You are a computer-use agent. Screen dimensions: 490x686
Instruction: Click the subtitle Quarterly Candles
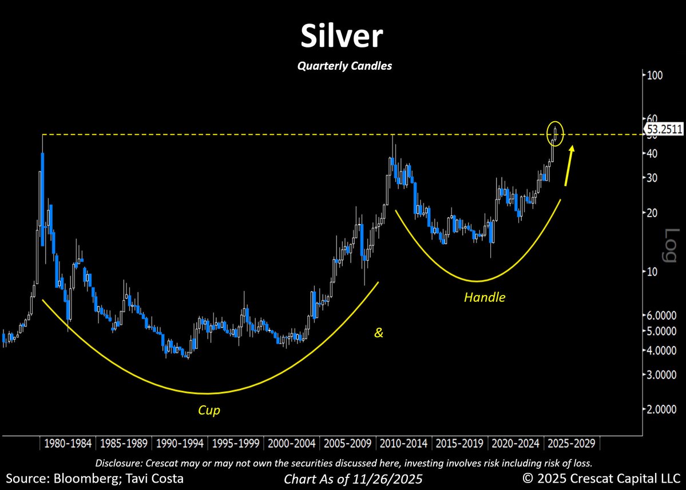344,66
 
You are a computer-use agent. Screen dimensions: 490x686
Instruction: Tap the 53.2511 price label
664,129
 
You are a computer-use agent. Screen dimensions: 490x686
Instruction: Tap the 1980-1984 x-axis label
67,444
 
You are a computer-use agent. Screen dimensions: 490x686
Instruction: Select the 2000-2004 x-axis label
292,444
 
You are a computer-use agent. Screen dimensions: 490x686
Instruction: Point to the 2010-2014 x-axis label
405,444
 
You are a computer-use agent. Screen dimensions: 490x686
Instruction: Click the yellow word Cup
209,411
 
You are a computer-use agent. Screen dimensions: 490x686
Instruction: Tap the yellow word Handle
485,297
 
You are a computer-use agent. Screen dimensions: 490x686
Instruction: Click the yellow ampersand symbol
379,332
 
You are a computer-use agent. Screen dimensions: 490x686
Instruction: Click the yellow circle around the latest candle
556,133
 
